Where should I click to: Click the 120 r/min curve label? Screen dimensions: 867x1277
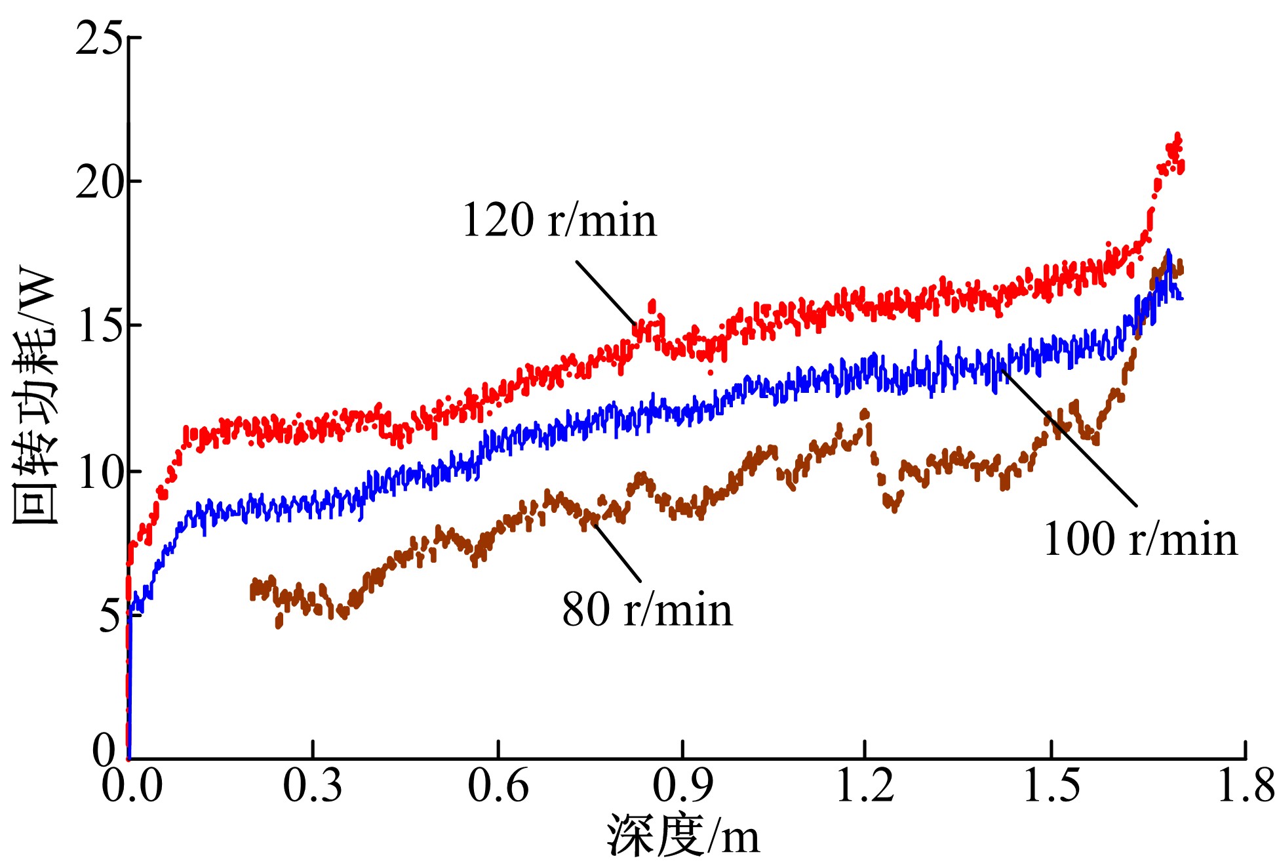pos(559,220)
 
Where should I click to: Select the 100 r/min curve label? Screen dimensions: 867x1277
pos(1140,540)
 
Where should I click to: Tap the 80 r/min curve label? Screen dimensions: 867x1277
pos(647,610)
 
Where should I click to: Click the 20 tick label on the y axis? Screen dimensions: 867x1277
pos(99,182)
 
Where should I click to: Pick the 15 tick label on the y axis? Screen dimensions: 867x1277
pos(99,325)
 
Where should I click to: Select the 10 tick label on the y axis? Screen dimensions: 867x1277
pos(99,472)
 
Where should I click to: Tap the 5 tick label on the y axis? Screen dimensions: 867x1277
pos(110,616)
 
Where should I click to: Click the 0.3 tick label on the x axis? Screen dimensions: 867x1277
pos(312,785)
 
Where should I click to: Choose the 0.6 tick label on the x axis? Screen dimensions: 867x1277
pos(498,785)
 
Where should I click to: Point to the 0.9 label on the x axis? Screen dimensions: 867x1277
pos(682,785)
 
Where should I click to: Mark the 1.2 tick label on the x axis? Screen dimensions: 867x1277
pos(865,785)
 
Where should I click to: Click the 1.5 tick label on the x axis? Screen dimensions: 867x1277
pos(1051,785)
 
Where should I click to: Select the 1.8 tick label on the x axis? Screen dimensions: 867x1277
pos(1245,785)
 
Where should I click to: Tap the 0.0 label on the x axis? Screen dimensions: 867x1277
pos(131,785)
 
